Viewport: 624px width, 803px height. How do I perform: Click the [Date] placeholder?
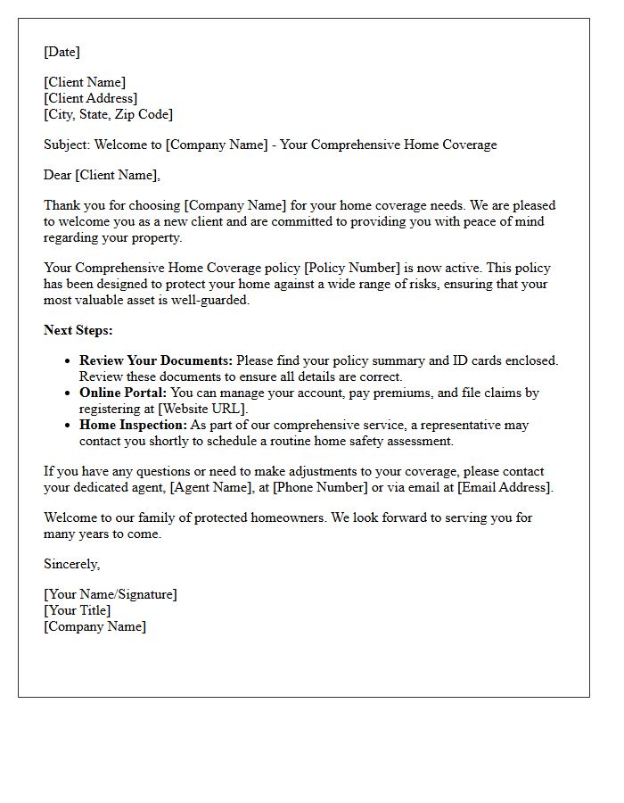pyautogui.click(x=62, y=52)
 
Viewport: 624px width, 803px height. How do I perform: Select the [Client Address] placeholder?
pyautogui.click(x=90, y=98)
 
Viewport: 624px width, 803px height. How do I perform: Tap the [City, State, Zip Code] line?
pyautogui.click(x=108, y=114)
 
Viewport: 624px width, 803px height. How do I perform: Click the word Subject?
pyautogui.click(x=67, y=145)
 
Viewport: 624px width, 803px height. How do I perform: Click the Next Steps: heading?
pyautogui.click(x=78, y=330)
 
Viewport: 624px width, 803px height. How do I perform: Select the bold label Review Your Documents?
pyautogui.click(x=156, y=360)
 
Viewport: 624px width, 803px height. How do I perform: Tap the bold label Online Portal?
pyautogui.click(x=123, y=393)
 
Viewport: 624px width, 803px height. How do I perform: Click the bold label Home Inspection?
pyautogui.click(x=133, y=425)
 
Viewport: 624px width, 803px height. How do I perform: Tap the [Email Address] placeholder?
pyautogui.click(x=505, y=487)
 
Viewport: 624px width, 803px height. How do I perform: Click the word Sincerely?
pyautogui.click(x=71, y=564)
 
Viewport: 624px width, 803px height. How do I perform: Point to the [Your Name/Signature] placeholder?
pyautogui.click(x=111, y=594)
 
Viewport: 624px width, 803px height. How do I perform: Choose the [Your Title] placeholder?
pyautogui.click(x=78, y=610)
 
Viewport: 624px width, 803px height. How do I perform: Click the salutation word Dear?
pyautogui.click(x=58, y=175)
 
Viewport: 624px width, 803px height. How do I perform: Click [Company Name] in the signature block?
pyautogui.click(x=94, y=626)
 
